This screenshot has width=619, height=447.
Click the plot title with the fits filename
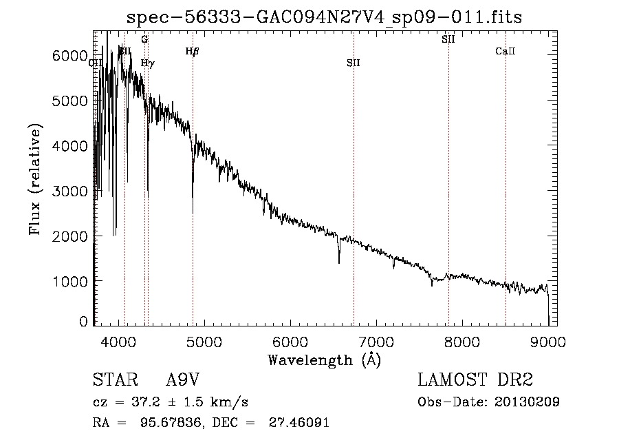[x=324, y=17]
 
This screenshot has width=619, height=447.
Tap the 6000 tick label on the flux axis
[x=69, y=55]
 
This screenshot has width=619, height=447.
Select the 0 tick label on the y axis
[x=83, y=321]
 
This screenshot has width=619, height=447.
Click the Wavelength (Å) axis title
[x=324, y=360]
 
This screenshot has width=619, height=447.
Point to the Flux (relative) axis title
[x=35, y=179]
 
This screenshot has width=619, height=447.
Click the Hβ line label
[x=193, y=51]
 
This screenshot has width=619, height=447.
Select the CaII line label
[x=506, y=51]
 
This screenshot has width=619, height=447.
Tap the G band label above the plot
[x=144, y=39]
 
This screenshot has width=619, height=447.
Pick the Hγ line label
[x=147, y=63]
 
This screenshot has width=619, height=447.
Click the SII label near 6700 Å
[x=354, y=63]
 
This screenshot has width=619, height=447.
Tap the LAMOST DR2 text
[x=475, y=380]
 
